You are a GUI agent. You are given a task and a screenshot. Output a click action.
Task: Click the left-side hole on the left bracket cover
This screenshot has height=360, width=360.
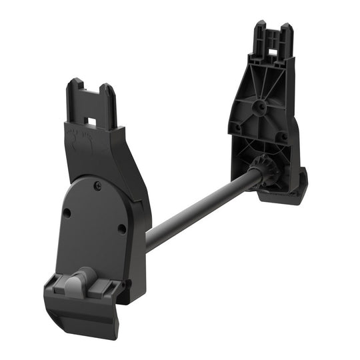click(x=67, y=213)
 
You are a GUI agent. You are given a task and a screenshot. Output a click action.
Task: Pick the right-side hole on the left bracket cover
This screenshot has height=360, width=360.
click(x=121, y=228)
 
